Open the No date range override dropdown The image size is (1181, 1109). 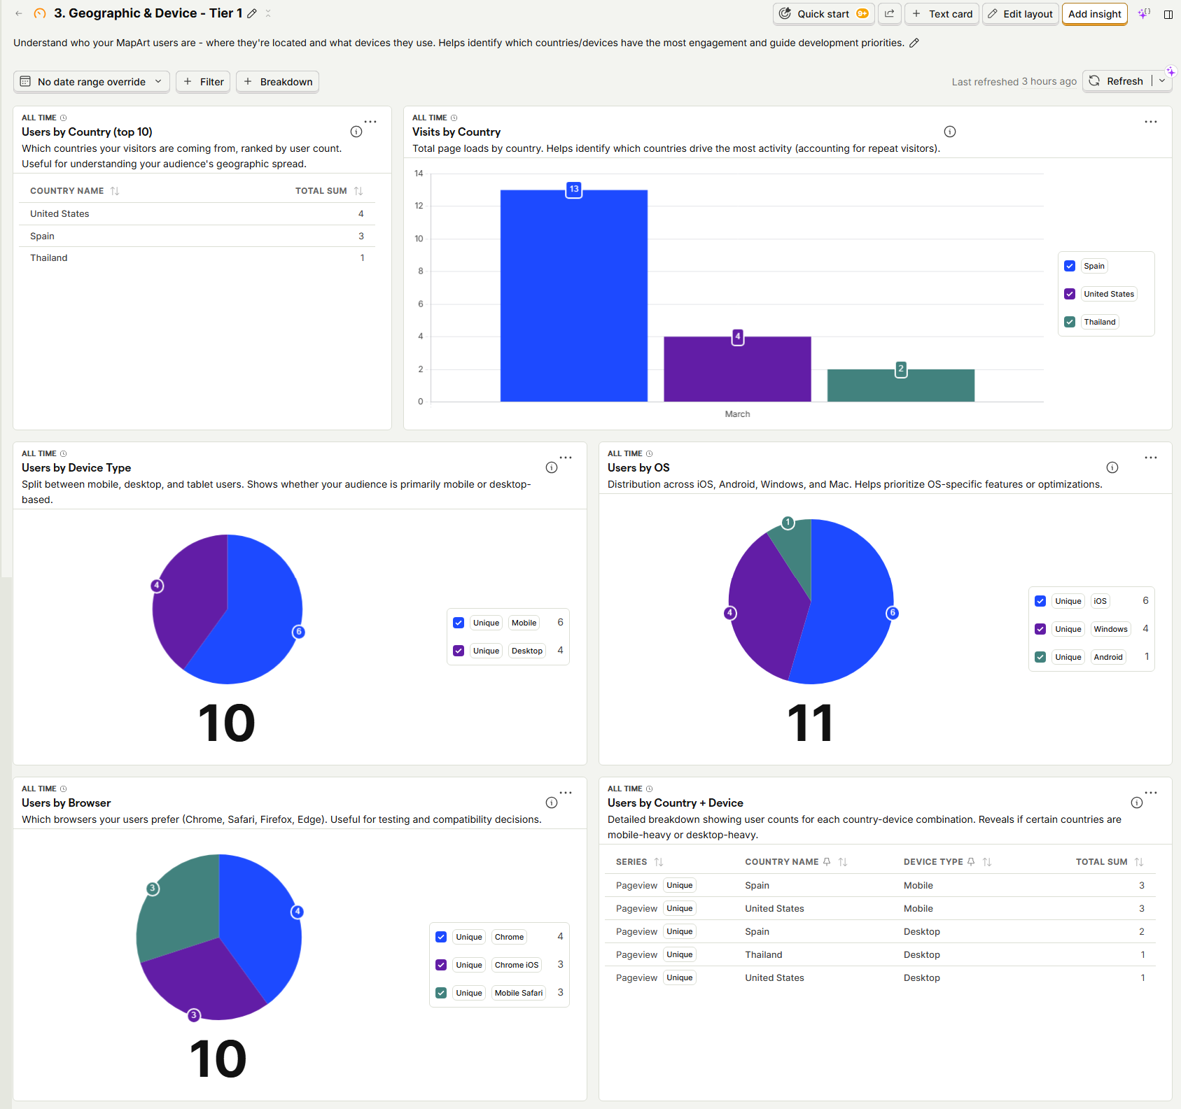click(x=92, y=82)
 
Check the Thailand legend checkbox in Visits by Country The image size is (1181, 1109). click(x=1070, y=322)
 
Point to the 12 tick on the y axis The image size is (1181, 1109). click(x=419, y=206)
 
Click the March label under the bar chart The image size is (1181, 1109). click(x=737, y=414)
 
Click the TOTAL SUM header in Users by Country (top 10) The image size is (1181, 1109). click(x=321, y=191)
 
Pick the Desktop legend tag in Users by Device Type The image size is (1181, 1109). click(x=526, y=651)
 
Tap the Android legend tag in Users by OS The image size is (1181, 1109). click(x=1107, y=657)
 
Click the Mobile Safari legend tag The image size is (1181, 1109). click(x=518, y=993)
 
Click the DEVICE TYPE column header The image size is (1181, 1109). click(x=932, y=862)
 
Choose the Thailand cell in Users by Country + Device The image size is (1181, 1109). click(x=763, y=954)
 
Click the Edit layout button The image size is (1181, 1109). click(x=1020, y=14)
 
